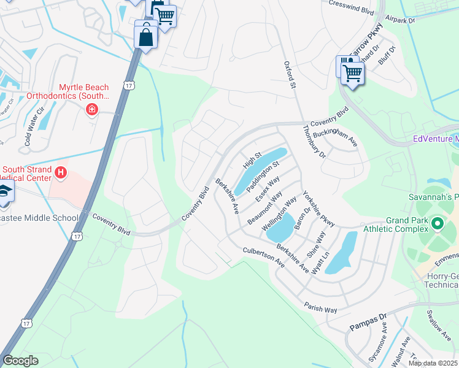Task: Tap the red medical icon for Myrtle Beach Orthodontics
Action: coord(91,109)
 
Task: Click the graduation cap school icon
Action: coord(5,191)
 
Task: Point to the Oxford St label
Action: coord(290,75)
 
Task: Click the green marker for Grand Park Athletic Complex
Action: coord(437,224)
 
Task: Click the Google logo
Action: coord(20,361)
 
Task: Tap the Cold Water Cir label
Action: coord(34,127)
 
